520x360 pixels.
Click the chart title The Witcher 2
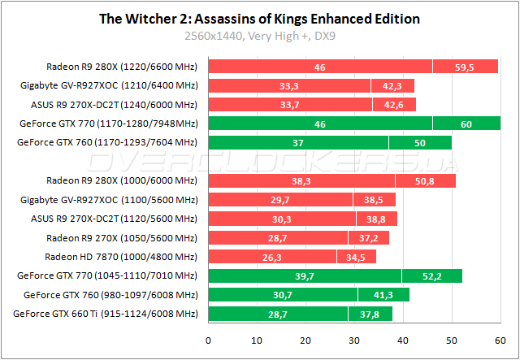pos(259,18)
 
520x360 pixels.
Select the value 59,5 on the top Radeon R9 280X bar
pos(465,67)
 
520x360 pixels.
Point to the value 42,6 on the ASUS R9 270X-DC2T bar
pos(394,104)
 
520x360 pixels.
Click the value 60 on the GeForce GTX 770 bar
pos(466,124)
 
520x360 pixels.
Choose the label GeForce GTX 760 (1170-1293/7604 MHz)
pos(107,142)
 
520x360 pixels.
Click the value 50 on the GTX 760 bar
pos(419,142)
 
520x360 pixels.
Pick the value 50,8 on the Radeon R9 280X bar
pos(425,180)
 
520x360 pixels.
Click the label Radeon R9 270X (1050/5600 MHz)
pos(120,237)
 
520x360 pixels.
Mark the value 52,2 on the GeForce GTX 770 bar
pos(431,275)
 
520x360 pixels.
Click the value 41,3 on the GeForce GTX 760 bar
pos(379,294)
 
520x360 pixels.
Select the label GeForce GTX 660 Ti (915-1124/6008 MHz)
pos(106,313)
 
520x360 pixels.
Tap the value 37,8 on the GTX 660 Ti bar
pos(370,313)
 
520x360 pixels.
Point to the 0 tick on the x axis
pos(209,340)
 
